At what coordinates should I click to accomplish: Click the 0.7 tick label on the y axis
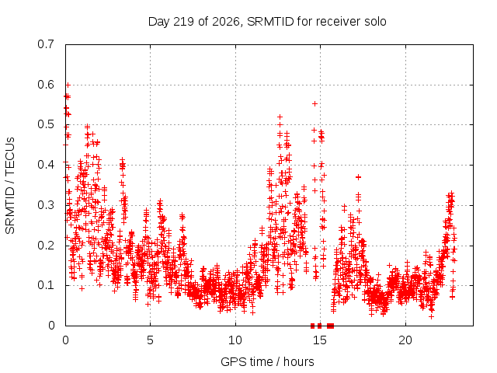coord(46,44)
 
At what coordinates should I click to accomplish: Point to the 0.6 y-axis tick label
coord(46,85)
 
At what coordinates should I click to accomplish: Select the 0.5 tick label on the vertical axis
coord(46,124)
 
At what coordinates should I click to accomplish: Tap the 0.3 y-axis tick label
coord(46,205)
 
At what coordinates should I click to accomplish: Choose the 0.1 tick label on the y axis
coord(46,285)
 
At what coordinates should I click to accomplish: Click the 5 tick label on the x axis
coord(150,340)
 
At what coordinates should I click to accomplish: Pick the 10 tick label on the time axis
coord(235,340)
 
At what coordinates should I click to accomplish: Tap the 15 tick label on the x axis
coord(320,340)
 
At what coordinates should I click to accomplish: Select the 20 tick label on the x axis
coord(405,340)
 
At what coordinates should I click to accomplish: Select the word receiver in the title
coord(339,22)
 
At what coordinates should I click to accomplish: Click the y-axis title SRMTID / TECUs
coord(10,186)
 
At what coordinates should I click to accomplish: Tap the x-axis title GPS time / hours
coord(267,361)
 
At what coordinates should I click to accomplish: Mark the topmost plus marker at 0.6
coord(68,85)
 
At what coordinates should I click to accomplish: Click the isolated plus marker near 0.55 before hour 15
coord(315,103)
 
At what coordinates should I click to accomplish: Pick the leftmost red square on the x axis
coord(312,326)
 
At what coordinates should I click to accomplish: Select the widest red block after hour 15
coord(330,326)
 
